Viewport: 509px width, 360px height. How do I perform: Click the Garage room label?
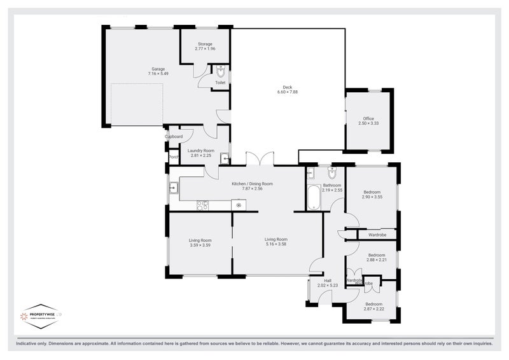pyautogui.click(x=158, y=69)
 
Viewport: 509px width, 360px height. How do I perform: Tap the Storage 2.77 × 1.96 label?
pyautogui.click(x=204, y=46)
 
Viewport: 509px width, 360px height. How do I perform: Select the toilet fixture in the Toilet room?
pyautogui.click(x=221, y=71)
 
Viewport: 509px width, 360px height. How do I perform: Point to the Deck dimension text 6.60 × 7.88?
pyautogui.click(x=288, y=92)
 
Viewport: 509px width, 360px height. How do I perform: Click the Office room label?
pyautogui.click(x=368, y=121)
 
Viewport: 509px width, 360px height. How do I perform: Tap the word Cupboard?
pyautogui.click(x=174, y=137)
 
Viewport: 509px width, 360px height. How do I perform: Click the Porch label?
pyautogui.click(x=173, y=156)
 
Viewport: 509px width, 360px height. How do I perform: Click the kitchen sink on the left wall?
pyautogui.click(x=173, y=187)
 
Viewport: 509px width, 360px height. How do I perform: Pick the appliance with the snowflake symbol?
pyautogui.click(x=239, y=205)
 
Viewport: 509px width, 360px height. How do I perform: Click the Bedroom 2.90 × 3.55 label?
pyautogui.click(x=372, y=195)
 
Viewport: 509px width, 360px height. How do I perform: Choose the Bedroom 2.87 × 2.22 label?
pyautogui.click(x=373, y=306)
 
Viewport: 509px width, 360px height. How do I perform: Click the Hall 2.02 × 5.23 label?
pyautogui.click(x=328, y=283)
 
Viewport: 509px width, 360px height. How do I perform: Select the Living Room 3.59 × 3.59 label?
pyautogui.click(x=200, y=242)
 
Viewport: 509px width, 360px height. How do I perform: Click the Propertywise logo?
pyautogui.click(x=42, y=315)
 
